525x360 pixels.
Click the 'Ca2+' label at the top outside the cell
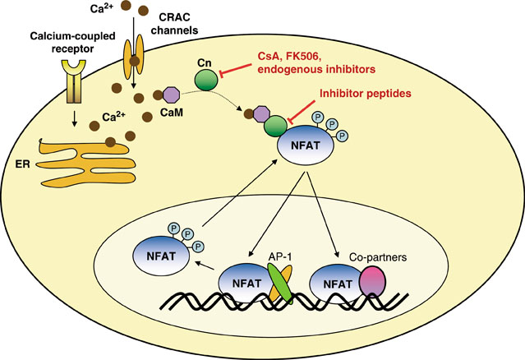103,9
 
